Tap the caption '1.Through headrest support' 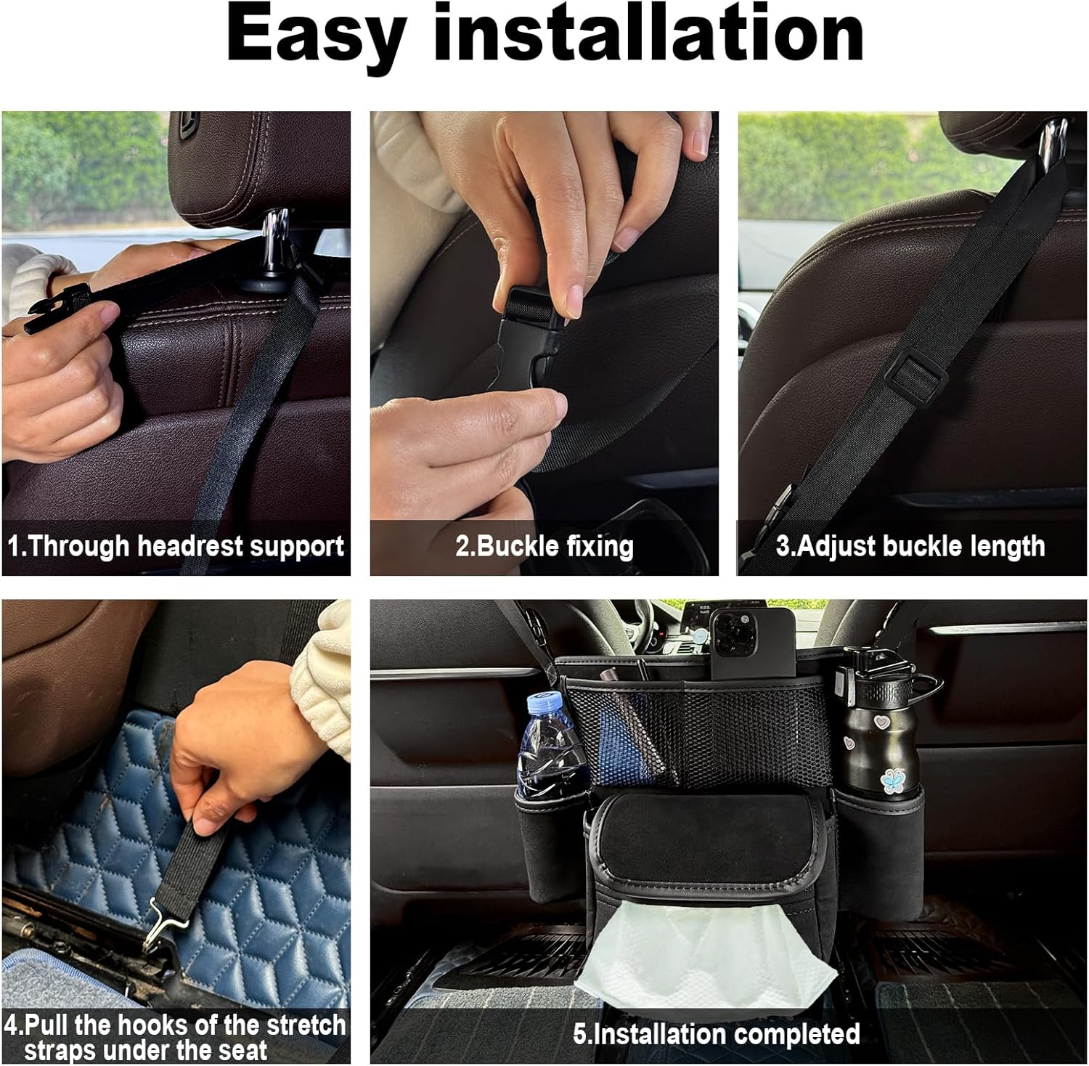pos(176,546)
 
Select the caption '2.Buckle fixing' pos(544,546)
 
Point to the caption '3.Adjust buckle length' pos(910,546)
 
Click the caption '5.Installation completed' pos(717,1033)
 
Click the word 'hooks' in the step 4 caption pos(155,1025)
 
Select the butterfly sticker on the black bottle pos(892,780)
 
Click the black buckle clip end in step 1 pos(60,309)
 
